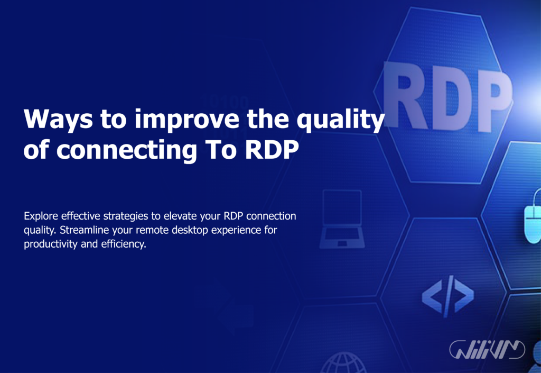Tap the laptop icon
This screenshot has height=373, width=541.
tap(341, 219)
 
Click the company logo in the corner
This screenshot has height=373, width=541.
tap(487, 349)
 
